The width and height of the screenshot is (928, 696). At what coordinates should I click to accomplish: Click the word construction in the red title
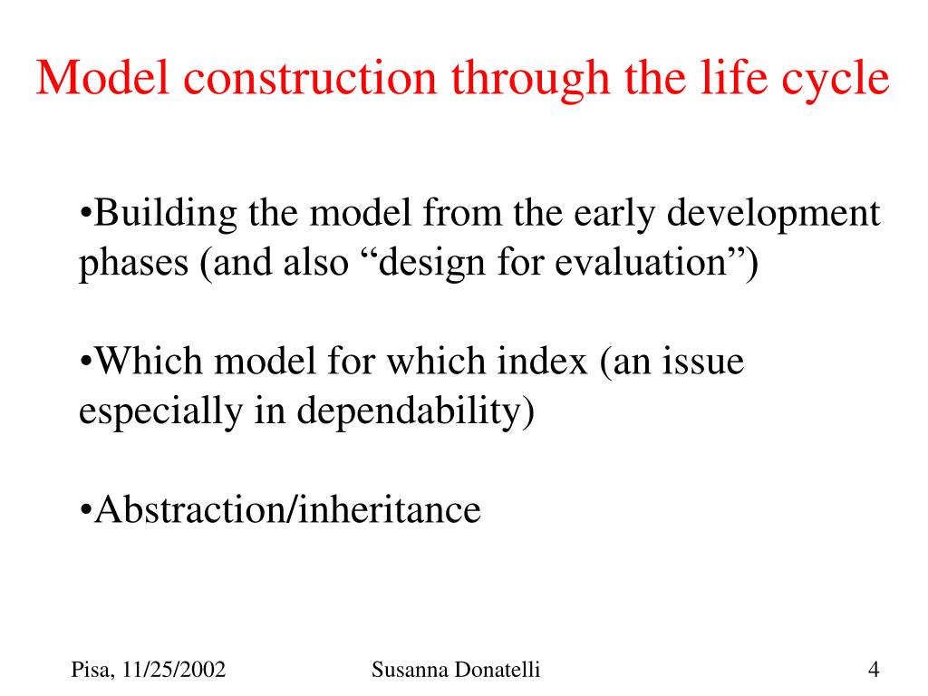310,78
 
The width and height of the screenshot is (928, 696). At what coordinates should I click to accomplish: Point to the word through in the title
530,82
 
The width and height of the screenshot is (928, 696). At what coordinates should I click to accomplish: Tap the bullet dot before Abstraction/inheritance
86,510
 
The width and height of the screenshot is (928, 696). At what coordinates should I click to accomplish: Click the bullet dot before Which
86,362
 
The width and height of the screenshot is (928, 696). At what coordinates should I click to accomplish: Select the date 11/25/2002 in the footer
174,670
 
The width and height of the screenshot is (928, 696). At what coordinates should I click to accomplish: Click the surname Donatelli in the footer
498,670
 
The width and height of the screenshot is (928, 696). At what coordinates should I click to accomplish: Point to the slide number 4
874,670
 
